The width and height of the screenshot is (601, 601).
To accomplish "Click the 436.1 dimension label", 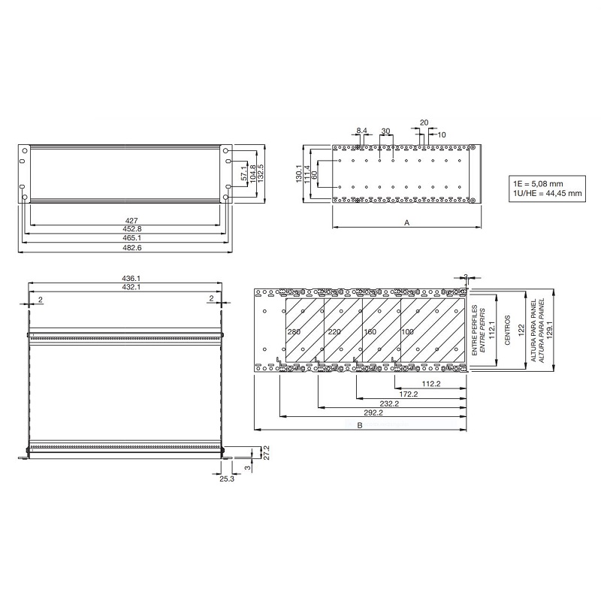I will [x=125, y=278].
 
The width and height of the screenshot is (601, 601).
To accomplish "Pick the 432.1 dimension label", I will [x=125, y=287].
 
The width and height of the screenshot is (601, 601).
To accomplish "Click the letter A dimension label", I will [x=406, y=222].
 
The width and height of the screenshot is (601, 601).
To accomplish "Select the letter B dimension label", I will [x=360, y=426].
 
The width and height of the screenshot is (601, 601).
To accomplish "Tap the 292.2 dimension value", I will [x=373, y=412].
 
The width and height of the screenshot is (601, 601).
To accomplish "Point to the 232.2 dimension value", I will [x=390, y=403].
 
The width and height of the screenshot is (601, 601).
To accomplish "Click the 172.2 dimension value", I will [x=408, y=393].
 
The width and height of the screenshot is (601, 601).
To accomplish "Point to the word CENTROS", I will [x=508, y=331].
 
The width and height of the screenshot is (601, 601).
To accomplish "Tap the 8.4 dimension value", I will [x=361, y=131].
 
